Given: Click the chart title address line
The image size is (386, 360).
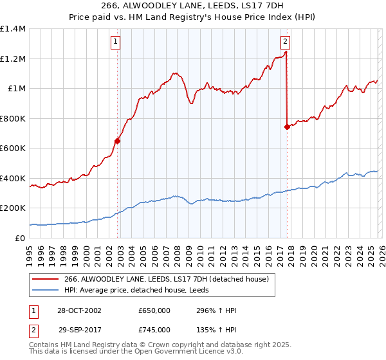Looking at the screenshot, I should [192, 6].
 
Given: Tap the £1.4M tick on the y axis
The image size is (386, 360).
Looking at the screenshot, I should [13, 29].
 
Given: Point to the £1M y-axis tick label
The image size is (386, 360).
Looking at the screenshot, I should [17, 89].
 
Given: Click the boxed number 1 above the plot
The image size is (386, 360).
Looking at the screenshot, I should [115, 42].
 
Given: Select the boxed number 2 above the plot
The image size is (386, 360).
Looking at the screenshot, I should [284, 42].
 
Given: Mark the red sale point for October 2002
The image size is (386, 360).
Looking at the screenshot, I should [117, 141].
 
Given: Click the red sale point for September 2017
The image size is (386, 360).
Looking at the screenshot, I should [287, 127].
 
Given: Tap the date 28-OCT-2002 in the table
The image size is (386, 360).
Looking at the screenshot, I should [78, 310].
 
